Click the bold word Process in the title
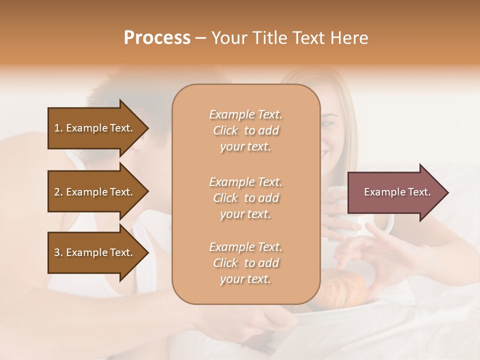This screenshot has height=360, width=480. pyautogui.click(x=157, y=38)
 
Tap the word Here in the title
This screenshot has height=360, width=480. pyautogui.click(x=349, y=38)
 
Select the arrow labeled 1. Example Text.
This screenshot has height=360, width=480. pyautogui.click(x=95, y=128)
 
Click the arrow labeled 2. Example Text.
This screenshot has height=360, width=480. pyautogui.click(x=95, y=192)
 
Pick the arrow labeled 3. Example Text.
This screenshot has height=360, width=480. pyautogui.click(x=95, y=252)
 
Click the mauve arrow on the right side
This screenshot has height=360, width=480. pyautogui.click(x=395, y=192)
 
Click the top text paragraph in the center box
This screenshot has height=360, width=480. pyautogui.click(x=245, y=130)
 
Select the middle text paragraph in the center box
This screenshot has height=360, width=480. pyautogui.click(x=245, y=197)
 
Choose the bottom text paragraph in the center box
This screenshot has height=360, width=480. pyautogui.click(x=245, y=263)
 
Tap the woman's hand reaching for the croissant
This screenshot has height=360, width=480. pyautogui.click(x=360, y=252)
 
